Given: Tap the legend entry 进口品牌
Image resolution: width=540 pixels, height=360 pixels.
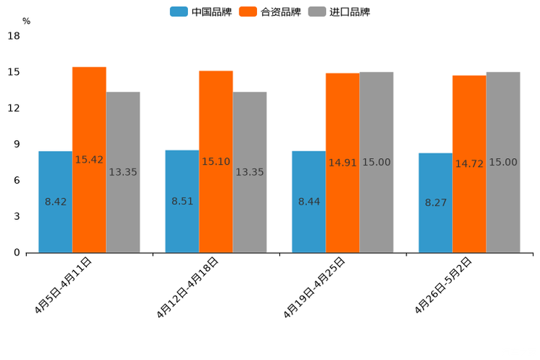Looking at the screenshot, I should (339, 12).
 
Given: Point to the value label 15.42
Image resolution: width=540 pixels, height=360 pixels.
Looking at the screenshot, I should (89, 160).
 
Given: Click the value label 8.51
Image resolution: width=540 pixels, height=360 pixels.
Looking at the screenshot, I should (182, 201).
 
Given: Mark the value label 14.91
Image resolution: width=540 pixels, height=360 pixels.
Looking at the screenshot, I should (343, 163).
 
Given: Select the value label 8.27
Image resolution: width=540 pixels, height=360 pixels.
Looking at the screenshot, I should (435, 203).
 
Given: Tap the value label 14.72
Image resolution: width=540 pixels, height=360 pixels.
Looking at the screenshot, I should (470, 164).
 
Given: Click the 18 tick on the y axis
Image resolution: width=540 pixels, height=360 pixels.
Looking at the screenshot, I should (13, 36).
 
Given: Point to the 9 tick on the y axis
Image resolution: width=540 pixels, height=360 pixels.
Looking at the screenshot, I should (16, 144).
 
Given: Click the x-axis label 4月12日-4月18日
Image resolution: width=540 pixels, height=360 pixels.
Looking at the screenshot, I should (187, 287).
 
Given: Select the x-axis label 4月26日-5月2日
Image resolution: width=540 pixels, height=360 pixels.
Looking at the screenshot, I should (443, 285).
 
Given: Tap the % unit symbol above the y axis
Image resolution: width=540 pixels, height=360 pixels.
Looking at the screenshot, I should (26, 21).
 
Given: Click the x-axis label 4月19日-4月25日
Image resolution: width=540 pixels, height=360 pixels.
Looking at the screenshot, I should (314, 287).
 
